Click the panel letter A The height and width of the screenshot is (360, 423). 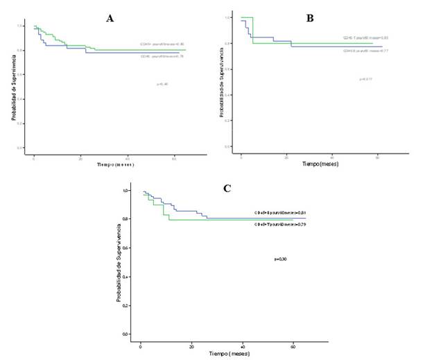[x=110, y=19]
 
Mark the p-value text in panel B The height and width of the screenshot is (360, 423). [x=365, y=80]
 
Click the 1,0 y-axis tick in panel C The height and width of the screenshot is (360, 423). [x=126, y=190]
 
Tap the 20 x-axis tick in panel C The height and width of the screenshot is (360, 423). [x=191, y=345]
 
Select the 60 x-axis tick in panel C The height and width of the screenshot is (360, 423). [x=293, y=345]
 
